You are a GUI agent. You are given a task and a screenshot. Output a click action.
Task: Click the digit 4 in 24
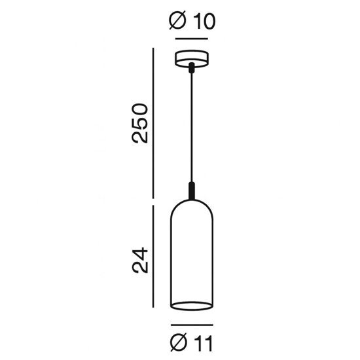[x=140, y=252]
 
